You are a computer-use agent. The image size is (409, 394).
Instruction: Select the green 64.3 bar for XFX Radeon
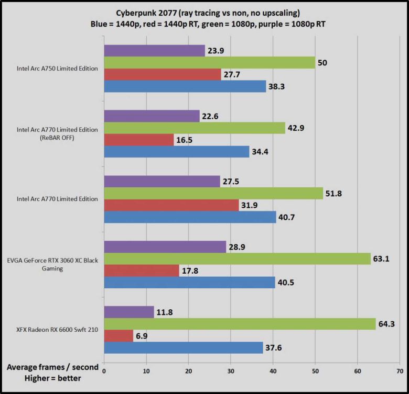click(240, 324)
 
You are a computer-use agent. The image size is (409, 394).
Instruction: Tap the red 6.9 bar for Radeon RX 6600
click(119, 336)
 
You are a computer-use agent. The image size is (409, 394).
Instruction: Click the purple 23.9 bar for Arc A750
click(154, 50)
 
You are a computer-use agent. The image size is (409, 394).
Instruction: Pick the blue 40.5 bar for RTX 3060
click(189, 282)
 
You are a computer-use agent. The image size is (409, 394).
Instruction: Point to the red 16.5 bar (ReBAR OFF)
click(138, 140)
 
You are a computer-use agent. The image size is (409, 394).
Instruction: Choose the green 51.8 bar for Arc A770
click(213, 194)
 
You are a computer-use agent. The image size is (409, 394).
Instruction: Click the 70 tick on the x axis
click(400, 371)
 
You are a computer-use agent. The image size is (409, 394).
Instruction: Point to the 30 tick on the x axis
click(231, 371)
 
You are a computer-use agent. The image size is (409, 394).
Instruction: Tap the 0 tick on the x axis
click(104, 371)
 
